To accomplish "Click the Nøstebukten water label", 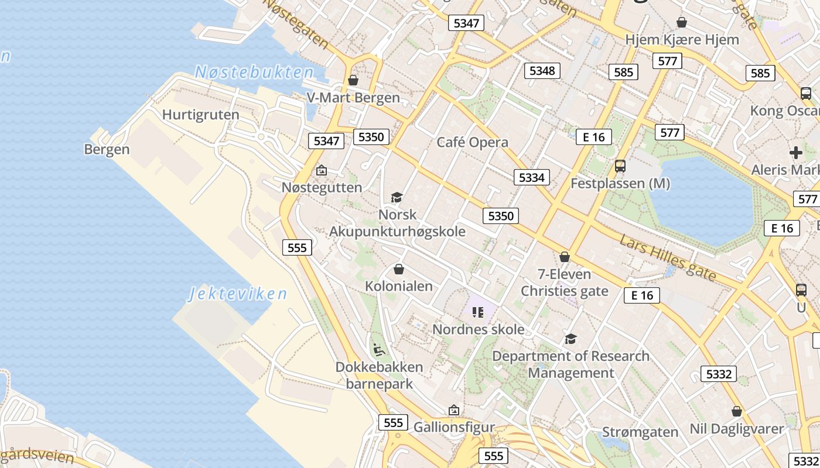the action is pyautogui.click(x=254, y=73).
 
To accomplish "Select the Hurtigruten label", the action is pyautogui.click(x=201, y=115).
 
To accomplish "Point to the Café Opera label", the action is pyautogui.click(x=472, y=142).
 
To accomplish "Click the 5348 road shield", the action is pyautogui.click(x=542, y=71).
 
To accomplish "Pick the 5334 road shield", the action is pyautogui.click(x=532, y=177).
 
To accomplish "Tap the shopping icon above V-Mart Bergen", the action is pyautogui.click(x=353, y=80).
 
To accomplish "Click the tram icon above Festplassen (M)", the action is pyautogui.click(x=620, y=166).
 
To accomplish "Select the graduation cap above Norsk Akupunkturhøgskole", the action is pyautogui.click(x=397, y=197).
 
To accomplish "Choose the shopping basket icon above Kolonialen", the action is pyautogui.click(x=399, y=269).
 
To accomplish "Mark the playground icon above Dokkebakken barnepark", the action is pyautogui.click(x=379, y=350).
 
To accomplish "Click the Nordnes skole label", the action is pyautogui.click(x=479, y=329).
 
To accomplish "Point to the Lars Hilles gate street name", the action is pyautogui.click(x=668, y=257).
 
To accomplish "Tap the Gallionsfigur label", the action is pyautogui.click(x=455, y=428).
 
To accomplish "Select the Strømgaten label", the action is pyautogui.click(x=640, y=432).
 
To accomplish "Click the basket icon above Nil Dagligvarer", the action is pyautogui.click(x=737, y=411).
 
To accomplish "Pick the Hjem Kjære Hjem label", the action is pyautogui.click(x=682, y=40).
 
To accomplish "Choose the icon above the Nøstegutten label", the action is pyautogui.click(x=322, y=171).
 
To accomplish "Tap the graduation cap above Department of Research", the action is pyautogui.click(x=570, y=339).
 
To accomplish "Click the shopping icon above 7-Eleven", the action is pyautogui.click(x=565, y=257).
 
